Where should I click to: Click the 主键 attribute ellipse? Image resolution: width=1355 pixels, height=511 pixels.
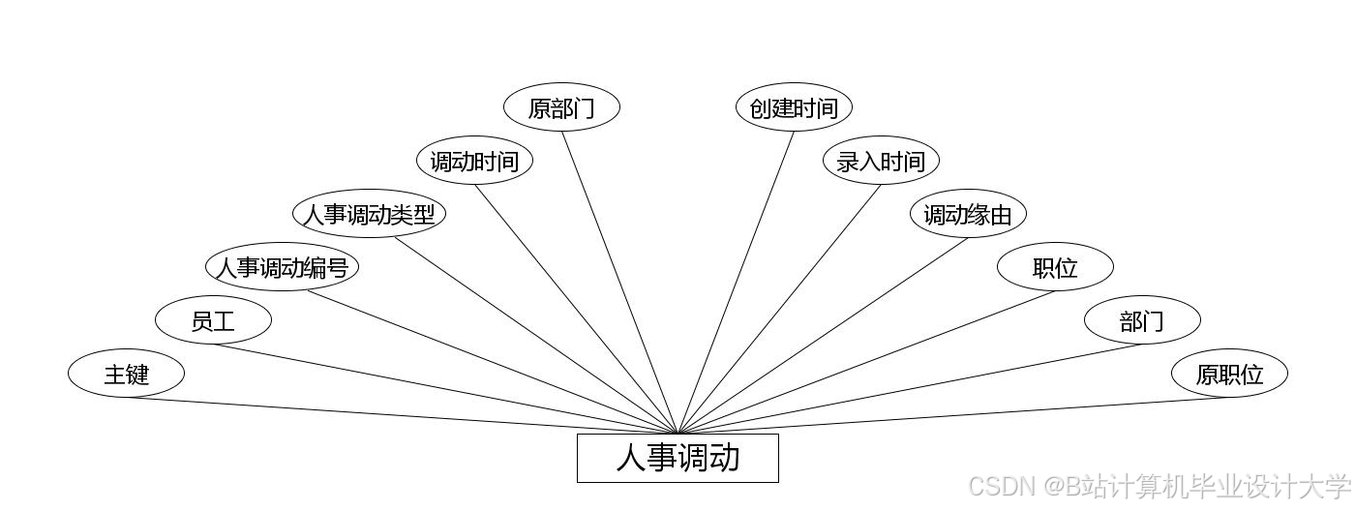pyautogui.click(x=126, y=373)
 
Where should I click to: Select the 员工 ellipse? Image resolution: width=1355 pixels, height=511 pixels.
pyautogui.click(x=213, y=320)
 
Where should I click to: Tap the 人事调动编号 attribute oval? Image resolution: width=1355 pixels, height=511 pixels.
pyautogui.click(x=282, y=267)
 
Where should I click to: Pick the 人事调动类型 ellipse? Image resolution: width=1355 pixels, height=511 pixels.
pyautogui.click(x=369, y=214)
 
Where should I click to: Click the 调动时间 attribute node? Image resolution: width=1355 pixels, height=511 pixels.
pyautogui.click(x=474, y=161)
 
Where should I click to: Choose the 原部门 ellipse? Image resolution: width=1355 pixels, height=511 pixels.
pyautogui.click(x=561, y=107)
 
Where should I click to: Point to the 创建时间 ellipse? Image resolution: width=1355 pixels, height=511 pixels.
pyautogui.click(x=794, y=107)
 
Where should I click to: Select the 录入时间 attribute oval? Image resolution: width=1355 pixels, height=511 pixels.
pyautogui.click(x=881, y=161)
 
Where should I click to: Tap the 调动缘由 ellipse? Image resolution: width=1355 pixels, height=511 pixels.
pyautogui.click(x=968, y=214)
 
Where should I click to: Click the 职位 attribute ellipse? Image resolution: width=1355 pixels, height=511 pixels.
pyautogui.click(x=1055, y=267)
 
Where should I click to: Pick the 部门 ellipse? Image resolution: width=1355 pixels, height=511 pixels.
pyautogui.click(x=1142, y=320)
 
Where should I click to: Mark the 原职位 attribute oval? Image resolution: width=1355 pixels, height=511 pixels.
pyautogui.click(x=1229, y=373)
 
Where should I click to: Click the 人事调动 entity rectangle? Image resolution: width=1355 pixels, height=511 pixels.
pyautogui.click(x=677, y=458)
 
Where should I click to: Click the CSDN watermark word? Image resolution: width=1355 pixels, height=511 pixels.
pyautogui.click(x=1002, y=486)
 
